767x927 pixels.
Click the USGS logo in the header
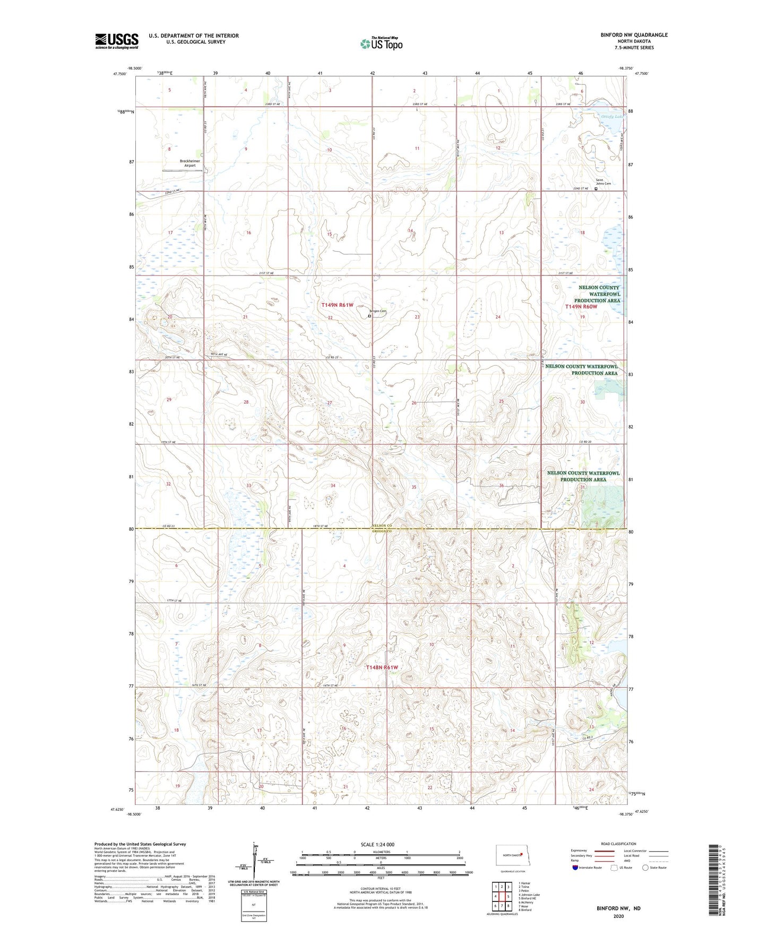coord(117,41)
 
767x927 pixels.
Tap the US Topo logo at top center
coord(381,44)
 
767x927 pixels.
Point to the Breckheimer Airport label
coord(190,163)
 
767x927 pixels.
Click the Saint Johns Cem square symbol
coord(596,188)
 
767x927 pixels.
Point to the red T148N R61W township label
coord(382,667)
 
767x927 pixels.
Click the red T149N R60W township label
coord(581,307)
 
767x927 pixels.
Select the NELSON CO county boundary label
coord(381,526)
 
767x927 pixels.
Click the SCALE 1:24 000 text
coord(377,844)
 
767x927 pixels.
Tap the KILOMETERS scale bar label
coord(381,852)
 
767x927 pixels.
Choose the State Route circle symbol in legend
coord(645,868)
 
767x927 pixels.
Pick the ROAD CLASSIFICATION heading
coord(618,844)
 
